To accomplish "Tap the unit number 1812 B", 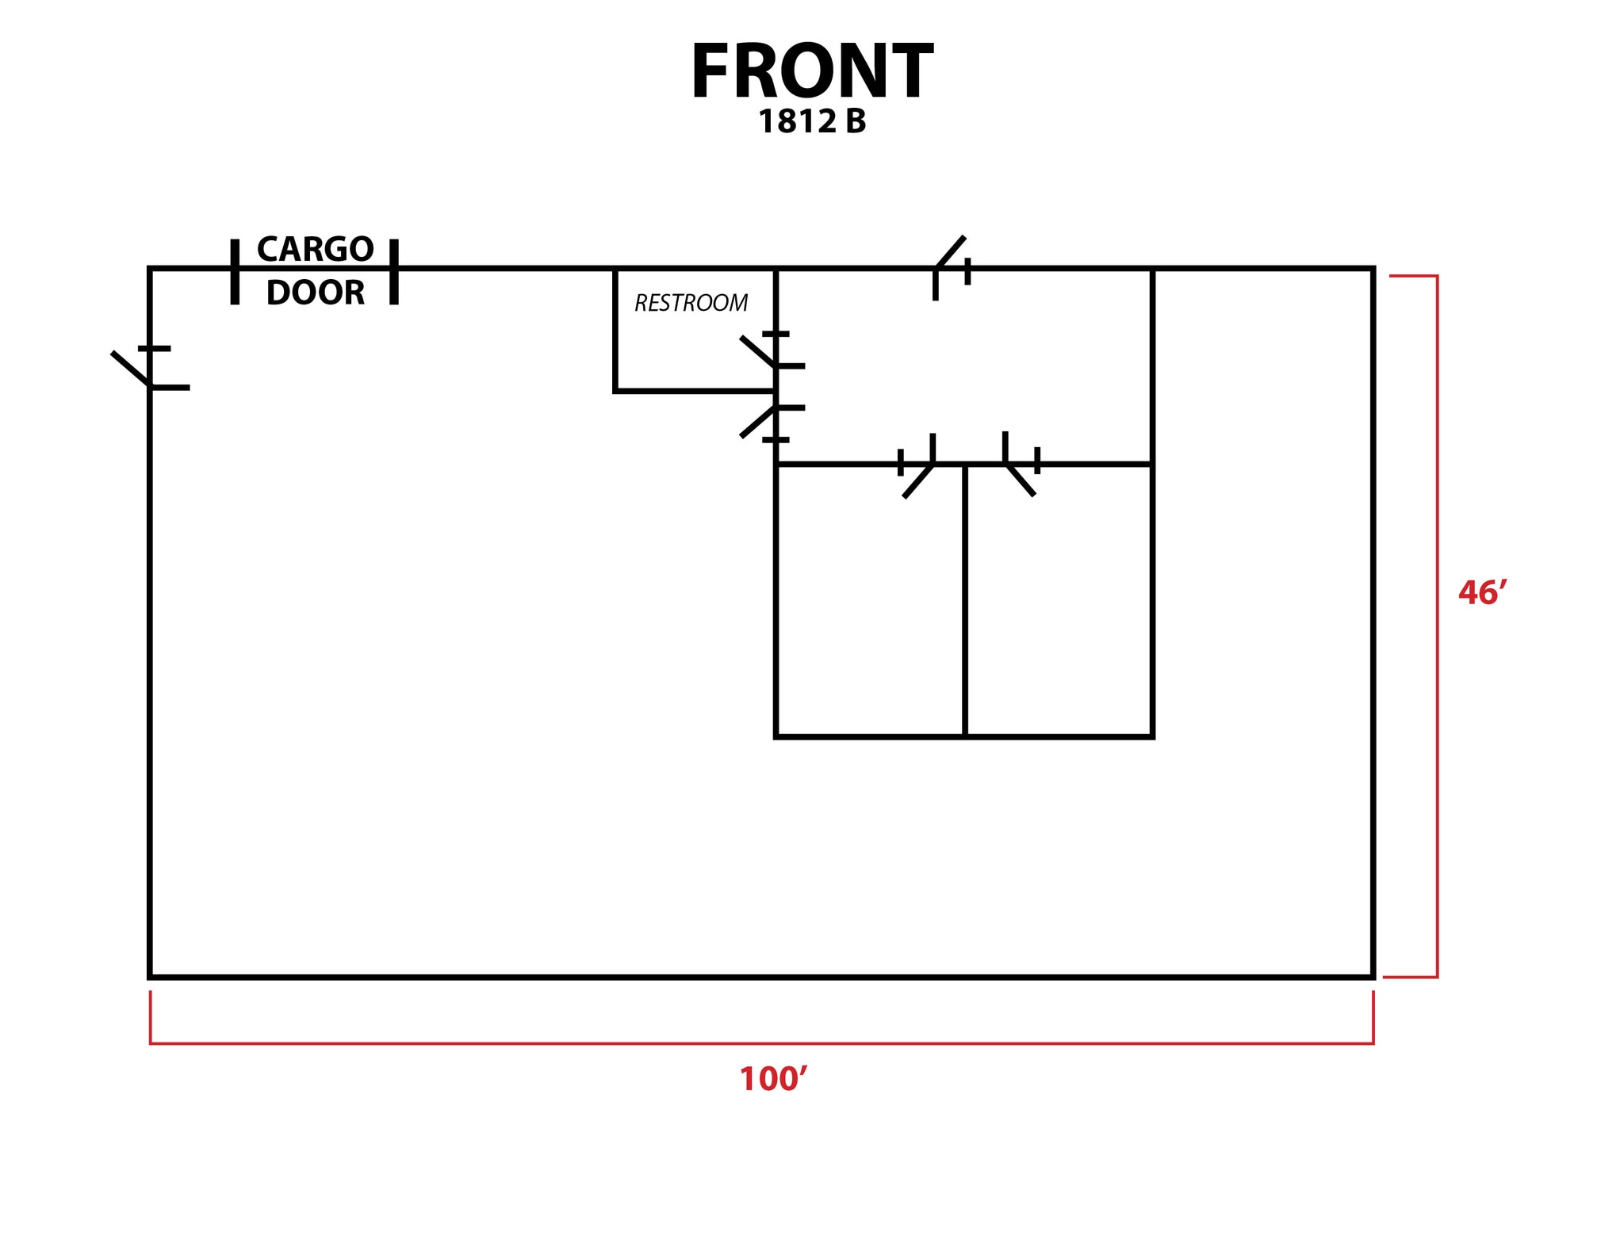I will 811,121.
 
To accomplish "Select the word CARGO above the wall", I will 315,249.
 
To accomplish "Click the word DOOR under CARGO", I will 315,293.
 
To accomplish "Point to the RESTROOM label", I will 691,303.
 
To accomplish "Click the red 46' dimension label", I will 1481,593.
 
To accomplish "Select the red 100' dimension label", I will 773,1079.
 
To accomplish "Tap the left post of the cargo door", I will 235,271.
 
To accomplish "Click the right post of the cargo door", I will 394,271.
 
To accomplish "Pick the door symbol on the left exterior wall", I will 151,369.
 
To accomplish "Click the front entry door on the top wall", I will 951,266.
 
